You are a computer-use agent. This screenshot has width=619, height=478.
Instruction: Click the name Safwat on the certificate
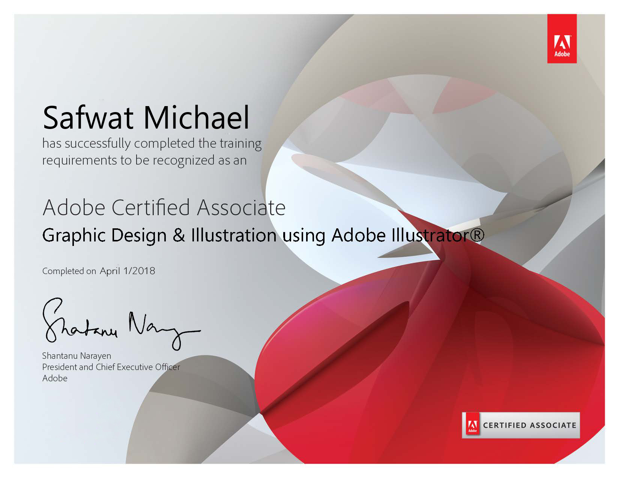point(88,117)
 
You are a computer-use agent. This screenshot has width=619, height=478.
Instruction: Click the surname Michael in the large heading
point(197,117)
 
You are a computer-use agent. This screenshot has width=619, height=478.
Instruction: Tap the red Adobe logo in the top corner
point(562,39)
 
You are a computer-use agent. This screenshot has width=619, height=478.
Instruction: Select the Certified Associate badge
point(521,425)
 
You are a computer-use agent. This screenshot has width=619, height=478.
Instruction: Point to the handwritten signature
point(122,324)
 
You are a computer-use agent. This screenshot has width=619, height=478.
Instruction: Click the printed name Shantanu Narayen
point(77,356)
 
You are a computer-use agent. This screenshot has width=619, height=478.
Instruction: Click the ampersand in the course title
point(179,235)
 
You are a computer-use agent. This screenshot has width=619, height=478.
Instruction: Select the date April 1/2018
point(127,271)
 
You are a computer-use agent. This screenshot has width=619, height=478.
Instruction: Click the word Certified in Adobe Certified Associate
point(151,208)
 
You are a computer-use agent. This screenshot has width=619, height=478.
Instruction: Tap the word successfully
point(98,144)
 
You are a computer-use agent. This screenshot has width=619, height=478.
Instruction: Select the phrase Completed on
point(69,271)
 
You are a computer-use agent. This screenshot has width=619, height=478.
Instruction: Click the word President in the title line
point(60,367)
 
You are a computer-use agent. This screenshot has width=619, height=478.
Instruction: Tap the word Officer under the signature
point(168,367)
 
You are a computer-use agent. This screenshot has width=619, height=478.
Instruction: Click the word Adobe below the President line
point(55,378)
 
